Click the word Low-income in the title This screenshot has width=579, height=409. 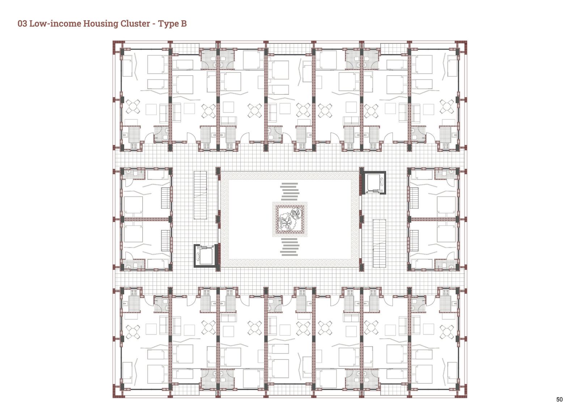[55, 24]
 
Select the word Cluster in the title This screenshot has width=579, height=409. [135, 24]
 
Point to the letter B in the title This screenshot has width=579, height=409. [184, 24]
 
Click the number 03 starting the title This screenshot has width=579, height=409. [22, 24]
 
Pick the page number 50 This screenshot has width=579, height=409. [559, 400]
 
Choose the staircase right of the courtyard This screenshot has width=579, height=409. [379, 243]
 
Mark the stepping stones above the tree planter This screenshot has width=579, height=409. [289, 191]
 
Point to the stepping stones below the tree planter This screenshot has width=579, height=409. [289, 247]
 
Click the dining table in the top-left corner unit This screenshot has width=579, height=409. [133, 107]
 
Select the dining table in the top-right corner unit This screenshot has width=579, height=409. [447, 107]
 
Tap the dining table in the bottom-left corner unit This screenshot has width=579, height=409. [133, 332]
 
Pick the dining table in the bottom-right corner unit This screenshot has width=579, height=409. [447, 332]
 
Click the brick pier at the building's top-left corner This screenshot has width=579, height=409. [117, 45]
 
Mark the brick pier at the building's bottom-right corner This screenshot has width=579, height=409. [462, 393]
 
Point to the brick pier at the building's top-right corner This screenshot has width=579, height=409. [462, 45]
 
